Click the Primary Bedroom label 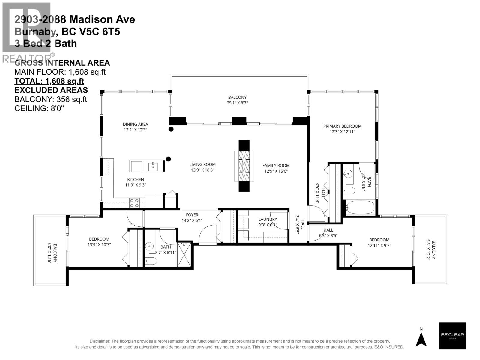(342, 126)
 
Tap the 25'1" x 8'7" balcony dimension (237, 103)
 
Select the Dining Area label (135, 124)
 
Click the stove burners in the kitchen (134, 203)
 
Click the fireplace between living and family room (244, 166)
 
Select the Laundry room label (267, 219)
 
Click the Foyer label (192, 215)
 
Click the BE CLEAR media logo (452, 336)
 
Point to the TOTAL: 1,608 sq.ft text (49, 81)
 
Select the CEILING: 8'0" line (39, 108)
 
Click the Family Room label (276, 165)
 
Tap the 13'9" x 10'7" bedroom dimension (99, 244)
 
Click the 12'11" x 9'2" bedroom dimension (379, 245)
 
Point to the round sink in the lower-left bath (149, 247)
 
